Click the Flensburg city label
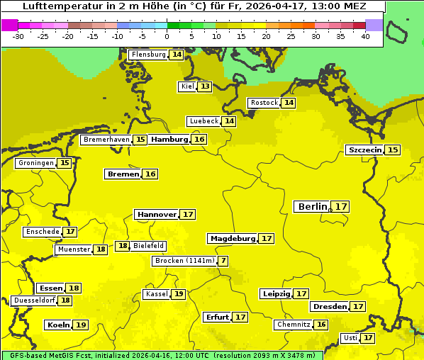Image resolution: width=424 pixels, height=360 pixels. pyautogui.click(x=148, y=55)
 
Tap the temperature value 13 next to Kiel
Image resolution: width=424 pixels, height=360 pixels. pyautogui.click(x=204, y=86)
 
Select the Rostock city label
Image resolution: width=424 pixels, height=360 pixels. pyautogui.click(x=264, y=103)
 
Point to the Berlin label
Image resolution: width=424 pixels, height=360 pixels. pyautogui.click(x=313, y=207)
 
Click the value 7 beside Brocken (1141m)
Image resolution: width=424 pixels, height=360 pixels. pyautogui.click(x=223, y=261)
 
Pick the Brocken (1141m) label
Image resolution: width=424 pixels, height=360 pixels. pyautogui.click(x=184, y=261)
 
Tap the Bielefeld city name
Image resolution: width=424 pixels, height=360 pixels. pyautogui.click(x=149, y=246)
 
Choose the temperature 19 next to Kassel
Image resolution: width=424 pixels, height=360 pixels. pyautogui.click(x=179, y=294)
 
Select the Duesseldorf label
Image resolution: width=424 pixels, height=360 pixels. pyautogui.click(x=34, y=300)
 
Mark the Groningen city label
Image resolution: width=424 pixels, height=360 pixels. pyautogui.click(x=36, y=163)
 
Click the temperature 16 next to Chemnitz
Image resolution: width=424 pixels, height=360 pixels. pyautogui.click(x=321, y=325)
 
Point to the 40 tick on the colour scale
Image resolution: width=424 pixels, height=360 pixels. pyautogui.click(x=365, y=36)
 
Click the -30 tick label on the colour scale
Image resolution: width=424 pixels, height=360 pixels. pyautogui.click(x=18, y=36)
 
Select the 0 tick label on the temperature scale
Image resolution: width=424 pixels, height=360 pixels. pyautogui.click(x=167, y=36)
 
